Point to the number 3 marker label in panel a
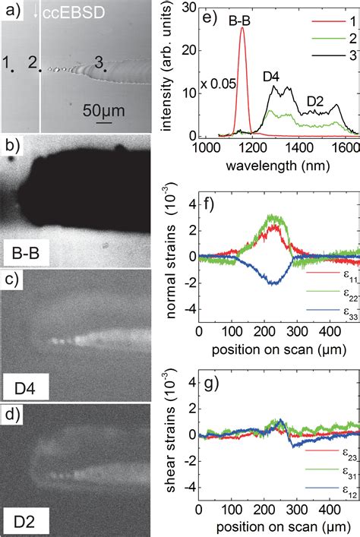tap(98, 62)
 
